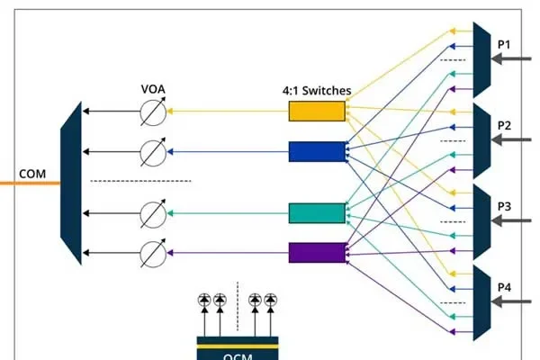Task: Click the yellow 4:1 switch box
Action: (x=317, y=111)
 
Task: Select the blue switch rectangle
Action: (x=317, y=151)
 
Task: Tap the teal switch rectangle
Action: (x=317, y=212)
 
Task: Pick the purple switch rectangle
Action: (x=317, y=253)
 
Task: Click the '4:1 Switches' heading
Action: (x=317, y=91)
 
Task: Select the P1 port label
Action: (x=504, y=43)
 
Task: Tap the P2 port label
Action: (x=504, y=125)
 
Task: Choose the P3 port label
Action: (x=504, y=206)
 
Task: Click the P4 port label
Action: (x=504, y=287)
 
